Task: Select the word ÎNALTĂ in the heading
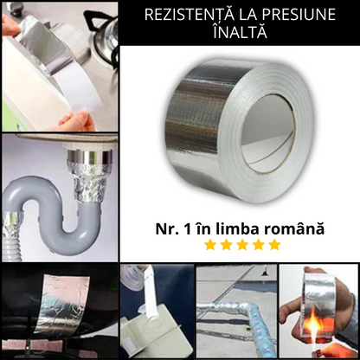(239, 33)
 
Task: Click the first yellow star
(209, 245)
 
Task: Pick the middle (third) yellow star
(242, 245)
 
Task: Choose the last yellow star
(274, 245)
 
